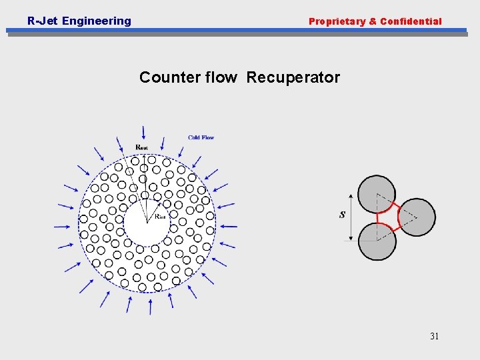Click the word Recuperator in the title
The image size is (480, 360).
293,77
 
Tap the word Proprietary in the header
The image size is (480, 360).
337,21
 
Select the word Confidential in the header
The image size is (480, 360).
411,21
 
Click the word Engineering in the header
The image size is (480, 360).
97,21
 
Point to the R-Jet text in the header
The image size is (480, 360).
42,21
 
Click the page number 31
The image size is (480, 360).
434,336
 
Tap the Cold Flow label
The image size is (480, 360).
201,137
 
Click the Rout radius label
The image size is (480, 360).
142,147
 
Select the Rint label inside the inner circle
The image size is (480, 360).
160,216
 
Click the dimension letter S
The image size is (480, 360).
342,215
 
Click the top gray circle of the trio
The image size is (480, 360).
377,194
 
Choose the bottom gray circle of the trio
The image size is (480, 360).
377,241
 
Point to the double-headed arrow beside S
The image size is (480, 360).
353,217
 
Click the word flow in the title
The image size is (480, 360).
219,77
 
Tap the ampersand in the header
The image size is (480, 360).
373,21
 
